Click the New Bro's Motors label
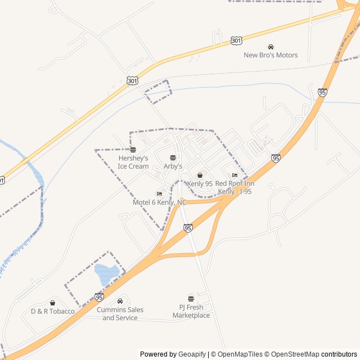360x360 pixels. coord(271,55)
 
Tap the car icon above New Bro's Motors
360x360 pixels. coord(271,47)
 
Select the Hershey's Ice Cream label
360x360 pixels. coord(133,163)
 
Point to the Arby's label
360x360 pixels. coord(173,166)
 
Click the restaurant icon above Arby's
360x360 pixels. coord(173,157)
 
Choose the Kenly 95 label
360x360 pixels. coord(200,184)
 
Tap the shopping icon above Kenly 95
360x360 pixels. coord(200,175)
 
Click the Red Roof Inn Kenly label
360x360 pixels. coord(235,187)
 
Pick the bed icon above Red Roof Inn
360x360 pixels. coord(235,175)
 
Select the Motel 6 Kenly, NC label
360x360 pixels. coord(159,202)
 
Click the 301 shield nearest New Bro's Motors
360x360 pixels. coord(236,41)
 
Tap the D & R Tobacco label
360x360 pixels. coord(52,311)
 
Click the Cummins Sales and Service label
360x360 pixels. coord(120,314)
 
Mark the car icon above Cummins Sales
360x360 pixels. coord(120,301)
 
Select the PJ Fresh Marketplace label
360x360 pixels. coord(191,312)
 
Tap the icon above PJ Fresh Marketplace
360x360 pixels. coord(191,299)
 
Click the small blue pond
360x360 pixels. coord(106,274)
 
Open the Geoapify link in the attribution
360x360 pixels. coord(192,354)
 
